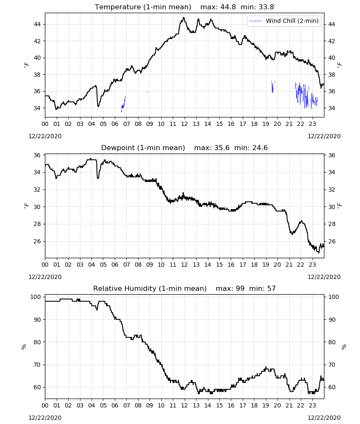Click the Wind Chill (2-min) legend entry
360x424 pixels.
pyautogui.click(x=284, y=21)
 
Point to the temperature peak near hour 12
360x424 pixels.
pyautogui.click(x=184, y=18)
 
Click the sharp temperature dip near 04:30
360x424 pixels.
pyautogui.click(x=98, y=106)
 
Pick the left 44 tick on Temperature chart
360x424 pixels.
pyautogui.click(x=37, y=24)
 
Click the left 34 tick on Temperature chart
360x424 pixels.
pyautogui.click(x=37, y=108)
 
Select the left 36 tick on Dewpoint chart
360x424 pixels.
pyautogui.click(x=37, y=155)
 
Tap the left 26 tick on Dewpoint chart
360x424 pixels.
pyautogui.click(x=37, y=241)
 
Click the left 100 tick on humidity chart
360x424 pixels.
pyautogui.click(x=36, y=297)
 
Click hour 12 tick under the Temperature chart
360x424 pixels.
pyautogui.click(x=185, y=124)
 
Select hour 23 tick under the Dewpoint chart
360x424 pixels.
pyautogui.click(x=313, y=265)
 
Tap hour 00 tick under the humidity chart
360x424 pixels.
pyautogui.click(x=45, y=405)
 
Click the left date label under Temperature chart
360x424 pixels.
pyautogui.click(x=45, y=136)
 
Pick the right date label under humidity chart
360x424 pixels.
pyautogui.click(x=324, y=418)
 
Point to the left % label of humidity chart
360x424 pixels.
pyautogui.click(x=24, y=347)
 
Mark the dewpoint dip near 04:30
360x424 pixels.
pyautogui.click(x=98, y=178)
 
